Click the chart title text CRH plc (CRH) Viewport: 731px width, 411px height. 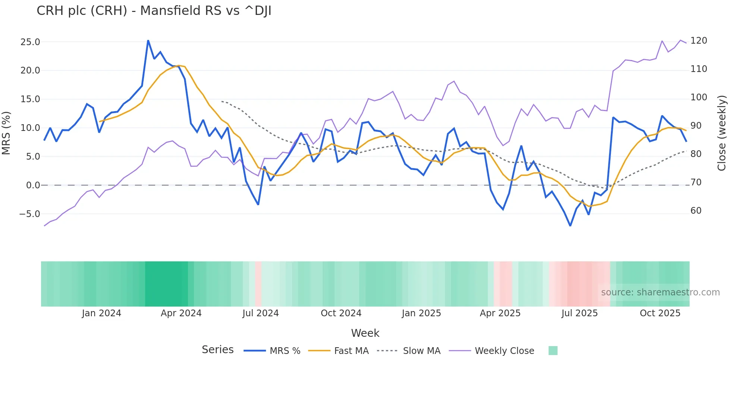[154, 11]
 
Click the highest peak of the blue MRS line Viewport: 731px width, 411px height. [148, 41]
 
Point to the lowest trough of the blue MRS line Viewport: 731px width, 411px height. [570, 225]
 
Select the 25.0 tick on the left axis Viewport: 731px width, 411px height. [30, 42]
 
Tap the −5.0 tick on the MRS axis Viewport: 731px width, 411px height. [29, 214]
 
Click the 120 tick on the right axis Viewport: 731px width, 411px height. [699, 41]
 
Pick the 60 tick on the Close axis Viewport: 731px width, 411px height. [696, 211]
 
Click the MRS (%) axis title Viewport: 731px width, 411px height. [6, 133]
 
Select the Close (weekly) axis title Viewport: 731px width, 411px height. [722, 133]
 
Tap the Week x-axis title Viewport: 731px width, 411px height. [365, 333]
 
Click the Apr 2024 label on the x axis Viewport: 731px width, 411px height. [181, 313]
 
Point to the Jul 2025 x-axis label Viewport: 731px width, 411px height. [579, 313]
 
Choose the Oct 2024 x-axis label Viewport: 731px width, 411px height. [341, 313]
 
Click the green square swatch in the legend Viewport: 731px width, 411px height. [553, 351]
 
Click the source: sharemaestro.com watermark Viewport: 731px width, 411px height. [660, 292]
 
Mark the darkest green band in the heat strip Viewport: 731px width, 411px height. [166, 284]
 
